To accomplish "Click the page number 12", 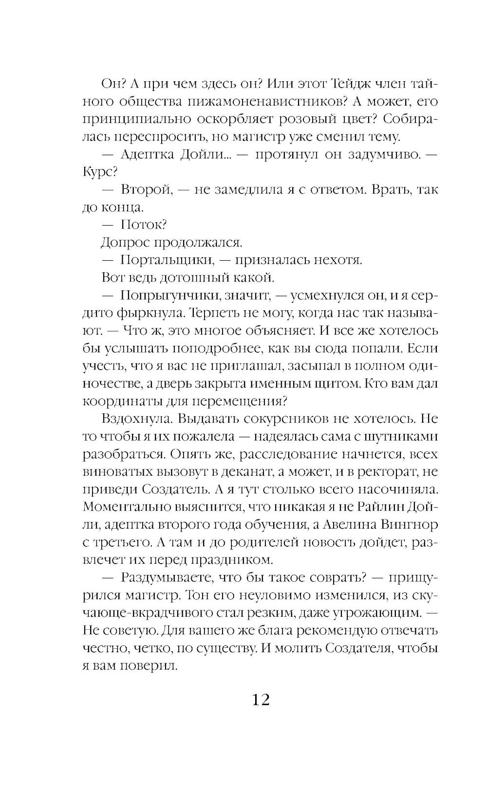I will click(x=261, y=699).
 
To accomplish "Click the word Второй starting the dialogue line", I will click(x=147, y=190).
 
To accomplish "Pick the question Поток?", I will click(x=144, y=225).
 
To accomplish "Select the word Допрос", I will click(x=125, y=242).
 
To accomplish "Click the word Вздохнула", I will click(x=131, y=419).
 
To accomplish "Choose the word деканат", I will click(x=247, y=472).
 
